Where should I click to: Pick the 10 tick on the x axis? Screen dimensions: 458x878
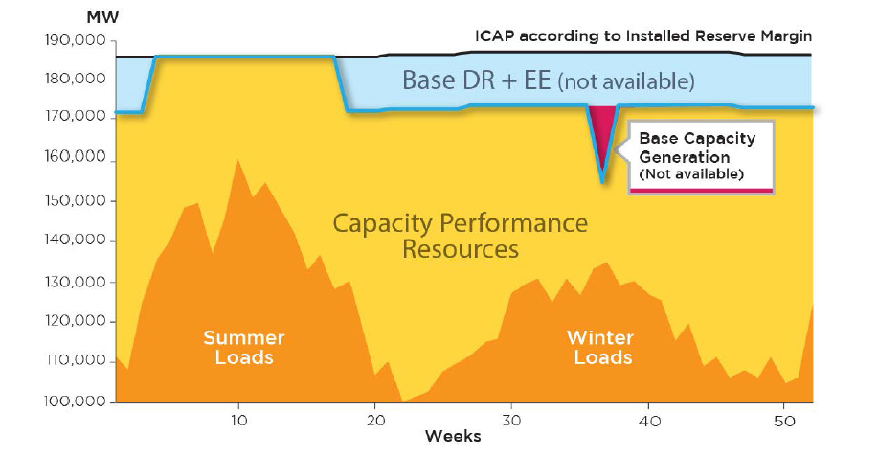239,420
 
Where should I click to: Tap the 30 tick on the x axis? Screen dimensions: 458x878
512,420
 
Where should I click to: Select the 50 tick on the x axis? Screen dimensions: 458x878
785,420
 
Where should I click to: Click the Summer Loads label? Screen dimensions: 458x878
243,348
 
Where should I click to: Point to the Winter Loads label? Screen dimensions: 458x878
600,348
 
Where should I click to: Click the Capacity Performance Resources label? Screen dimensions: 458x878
460,236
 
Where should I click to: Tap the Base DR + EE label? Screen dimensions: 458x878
548,80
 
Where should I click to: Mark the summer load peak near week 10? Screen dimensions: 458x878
238,160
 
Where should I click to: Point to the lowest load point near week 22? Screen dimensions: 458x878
404,401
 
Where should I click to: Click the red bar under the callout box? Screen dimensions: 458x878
700,191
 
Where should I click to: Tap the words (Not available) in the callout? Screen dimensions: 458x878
689,174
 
